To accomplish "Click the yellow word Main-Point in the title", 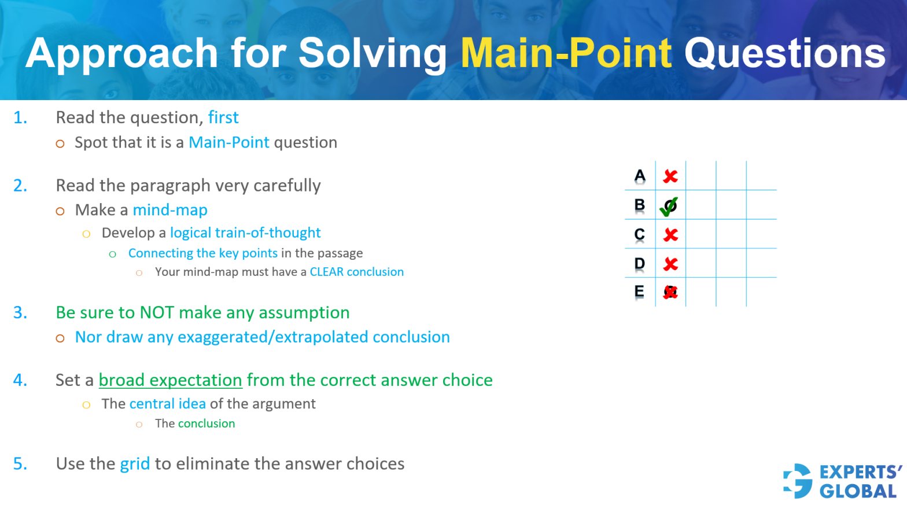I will point(566,53).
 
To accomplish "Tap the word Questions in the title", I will point(784,53).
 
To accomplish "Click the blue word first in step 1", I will point(223,117).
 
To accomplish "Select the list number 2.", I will point(20,186).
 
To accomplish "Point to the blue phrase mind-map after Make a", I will point(170,210).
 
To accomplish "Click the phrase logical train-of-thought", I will point(245,233).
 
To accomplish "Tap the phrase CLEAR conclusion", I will point(356,272).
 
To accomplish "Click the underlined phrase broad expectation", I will point(170,380).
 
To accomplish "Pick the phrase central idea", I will point(168,404).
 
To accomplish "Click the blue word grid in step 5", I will point(135,464).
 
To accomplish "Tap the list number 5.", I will point(20,464).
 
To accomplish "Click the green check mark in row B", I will point(669,206).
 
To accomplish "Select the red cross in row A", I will point(670,176).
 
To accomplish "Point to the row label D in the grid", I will point(639,264).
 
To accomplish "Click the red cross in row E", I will point(670,292).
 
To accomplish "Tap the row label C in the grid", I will point(639,234).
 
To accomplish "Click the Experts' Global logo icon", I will point(798,481).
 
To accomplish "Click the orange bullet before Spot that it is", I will point(60,143).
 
